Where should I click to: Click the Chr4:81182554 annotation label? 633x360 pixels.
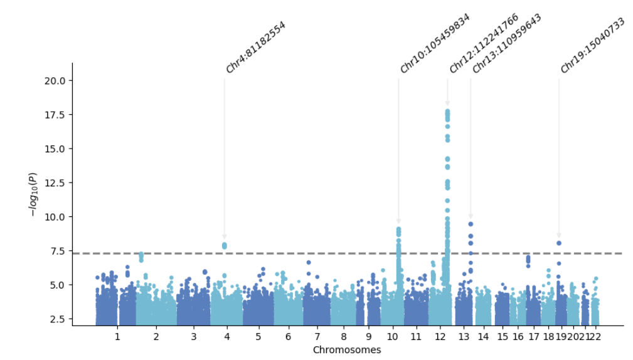255,48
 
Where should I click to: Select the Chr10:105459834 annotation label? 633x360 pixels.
434,43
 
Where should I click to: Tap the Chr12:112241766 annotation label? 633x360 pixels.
483,43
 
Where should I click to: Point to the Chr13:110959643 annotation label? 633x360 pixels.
506,43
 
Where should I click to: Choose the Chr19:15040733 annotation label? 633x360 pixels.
592,45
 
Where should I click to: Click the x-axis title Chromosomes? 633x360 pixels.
347,350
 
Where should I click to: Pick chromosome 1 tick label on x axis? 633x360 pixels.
117,337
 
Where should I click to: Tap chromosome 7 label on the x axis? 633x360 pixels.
317,337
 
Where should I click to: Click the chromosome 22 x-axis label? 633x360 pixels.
595,337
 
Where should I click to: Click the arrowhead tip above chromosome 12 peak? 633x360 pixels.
447,104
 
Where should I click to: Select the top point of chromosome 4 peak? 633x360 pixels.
224,245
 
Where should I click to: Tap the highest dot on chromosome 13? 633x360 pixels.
471,224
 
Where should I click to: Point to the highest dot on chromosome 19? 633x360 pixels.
559,243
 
